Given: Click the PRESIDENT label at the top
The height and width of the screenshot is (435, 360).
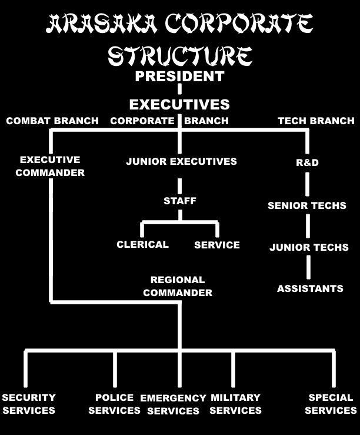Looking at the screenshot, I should [x=179, y=76].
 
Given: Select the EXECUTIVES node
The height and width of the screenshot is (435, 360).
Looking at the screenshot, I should [x=179, y=105].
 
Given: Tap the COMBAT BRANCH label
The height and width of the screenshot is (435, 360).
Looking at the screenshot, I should [x=52, y=121].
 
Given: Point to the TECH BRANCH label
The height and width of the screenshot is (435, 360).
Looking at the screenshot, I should [x=316, y=121].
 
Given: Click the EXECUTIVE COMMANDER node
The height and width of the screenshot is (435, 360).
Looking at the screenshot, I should [x=50, y=166].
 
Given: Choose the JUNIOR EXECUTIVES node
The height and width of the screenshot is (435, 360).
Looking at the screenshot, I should [x=181, y=161].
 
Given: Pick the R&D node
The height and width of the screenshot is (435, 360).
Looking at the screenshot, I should [x=307, y=162].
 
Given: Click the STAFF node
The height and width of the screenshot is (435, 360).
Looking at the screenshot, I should [x=180, y=201].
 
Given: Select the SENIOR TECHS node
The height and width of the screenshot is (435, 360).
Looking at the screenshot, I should [x=307, y=206].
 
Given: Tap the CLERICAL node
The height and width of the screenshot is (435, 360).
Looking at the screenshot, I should [x=142, y=244].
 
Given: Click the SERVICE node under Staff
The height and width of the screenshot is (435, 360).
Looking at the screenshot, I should [x=217, y=245].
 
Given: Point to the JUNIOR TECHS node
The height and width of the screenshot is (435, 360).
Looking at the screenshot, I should [x=309, y=248].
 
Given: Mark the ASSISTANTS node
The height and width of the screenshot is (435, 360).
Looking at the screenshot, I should [x=310, y=288].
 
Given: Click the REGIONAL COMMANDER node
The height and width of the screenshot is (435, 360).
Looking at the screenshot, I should [x=178, y=286].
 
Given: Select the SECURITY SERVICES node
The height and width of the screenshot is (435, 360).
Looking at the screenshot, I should [x=28, y=404].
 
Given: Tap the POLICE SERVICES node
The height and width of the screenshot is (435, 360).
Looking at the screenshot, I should [x=114, y=404].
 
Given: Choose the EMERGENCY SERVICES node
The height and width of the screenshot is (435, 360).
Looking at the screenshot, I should [x=173, y=404].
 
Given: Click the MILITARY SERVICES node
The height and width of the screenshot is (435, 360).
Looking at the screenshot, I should [x=235, y=404].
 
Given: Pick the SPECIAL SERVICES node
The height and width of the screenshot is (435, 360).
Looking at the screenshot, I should [x=331, y=404].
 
